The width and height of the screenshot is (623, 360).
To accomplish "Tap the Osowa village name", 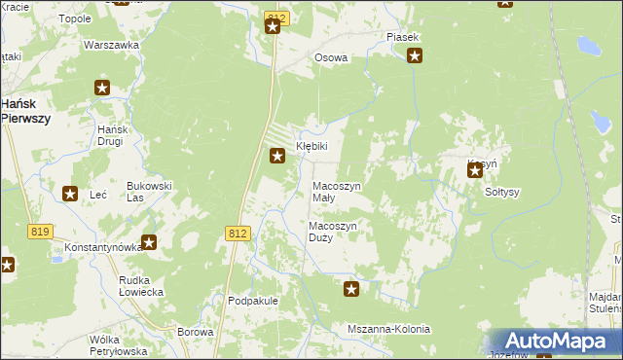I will coord(331,57).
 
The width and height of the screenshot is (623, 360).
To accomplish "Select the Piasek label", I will coord(402,37).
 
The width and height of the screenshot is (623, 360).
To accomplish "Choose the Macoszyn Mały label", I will coord(336,192).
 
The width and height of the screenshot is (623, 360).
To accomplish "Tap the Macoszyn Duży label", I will coord(334,232).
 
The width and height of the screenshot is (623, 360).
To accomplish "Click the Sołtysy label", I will coord(502,192).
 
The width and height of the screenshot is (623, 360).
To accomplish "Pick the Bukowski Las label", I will coord(150,191).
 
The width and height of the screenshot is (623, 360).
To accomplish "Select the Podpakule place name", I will coord(253,301).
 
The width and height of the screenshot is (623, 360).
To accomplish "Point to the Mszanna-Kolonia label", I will coord(388,329).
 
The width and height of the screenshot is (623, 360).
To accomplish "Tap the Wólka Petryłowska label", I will coord(117,344).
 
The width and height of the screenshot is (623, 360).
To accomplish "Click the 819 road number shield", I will coord(40,232).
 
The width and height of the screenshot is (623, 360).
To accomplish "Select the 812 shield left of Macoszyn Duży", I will coord(238,234).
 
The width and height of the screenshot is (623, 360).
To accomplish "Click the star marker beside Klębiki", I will coord(277,155).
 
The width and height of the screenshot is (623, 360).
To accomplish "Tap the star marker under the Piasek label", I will coord(415,55).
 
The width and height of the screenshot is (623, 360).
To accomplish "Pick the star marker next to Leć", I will coord(70,195).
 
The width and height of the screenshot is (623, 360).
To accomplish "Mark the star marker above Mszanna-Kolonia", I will coord(352,288).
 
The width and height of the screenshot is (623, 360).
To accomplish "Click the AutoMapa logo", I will coord(555,341).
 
